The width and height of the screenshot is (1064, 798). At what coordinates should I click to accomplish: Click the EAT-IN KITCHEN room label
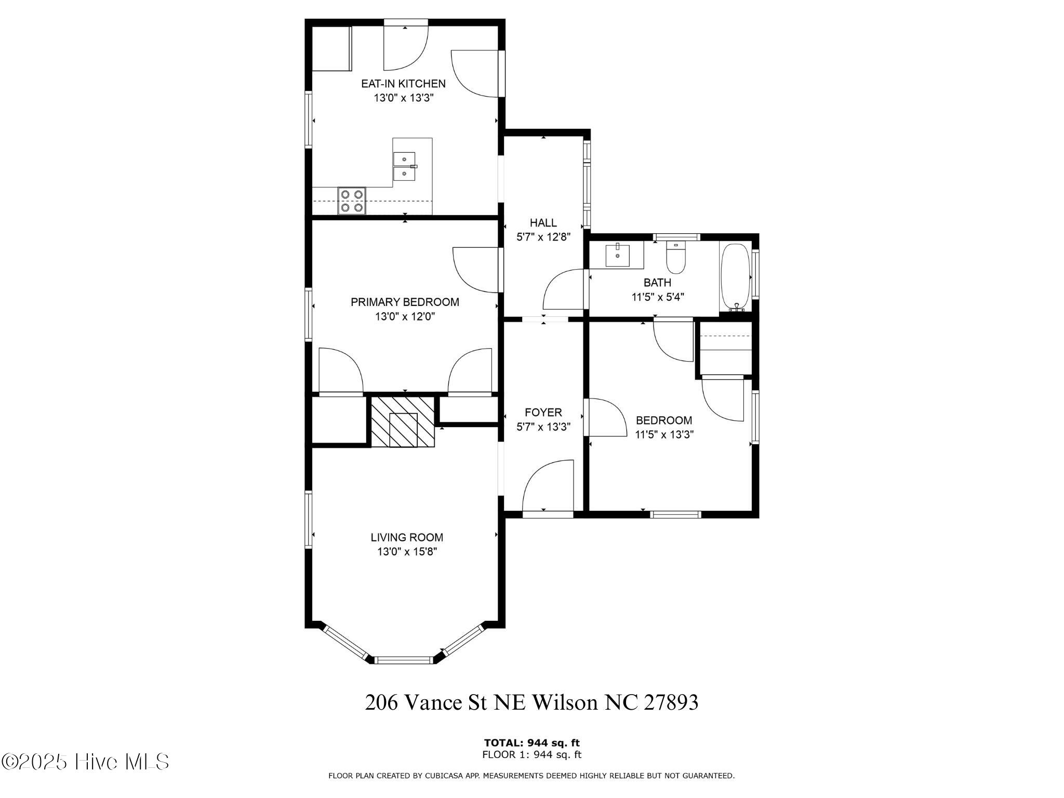403,84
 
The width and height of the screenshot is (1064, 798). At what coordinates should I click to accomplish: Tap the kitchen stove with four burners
352,201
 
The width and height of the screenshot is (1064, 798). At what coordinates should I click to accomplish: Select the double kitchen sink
404,166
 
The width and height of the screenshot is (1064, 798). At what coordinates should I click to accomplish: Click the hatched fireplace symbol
403,421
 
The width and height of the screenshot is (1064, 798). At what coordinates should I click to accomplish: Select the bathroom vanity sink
617,255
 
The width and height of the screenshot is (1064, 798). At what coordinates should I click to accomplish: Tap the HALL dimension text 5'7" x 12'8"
543,237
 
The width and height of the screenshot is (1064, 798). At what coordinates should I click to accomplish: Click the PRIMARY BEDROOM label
405,302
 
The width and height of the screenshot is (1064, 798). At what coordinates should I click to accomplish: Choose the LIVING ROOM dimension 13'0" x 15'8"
407,552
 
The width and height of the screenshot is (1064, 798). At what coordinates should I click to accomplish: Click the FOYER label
543,413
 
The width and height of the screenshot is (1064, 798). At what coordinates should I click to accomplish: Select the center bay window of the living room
404,660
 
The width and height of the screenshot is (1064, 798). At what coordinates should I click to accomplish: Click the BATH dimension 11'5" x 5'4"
657,297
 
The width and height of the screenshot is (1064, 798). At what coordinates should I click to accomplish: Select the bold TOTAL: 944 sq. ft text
531,743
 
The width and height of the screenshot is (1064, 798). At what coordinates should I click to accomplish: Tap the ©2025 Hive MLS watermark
86,762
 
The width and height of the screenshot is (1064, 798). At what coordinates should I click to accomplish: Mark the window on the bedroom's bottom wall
675,514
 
